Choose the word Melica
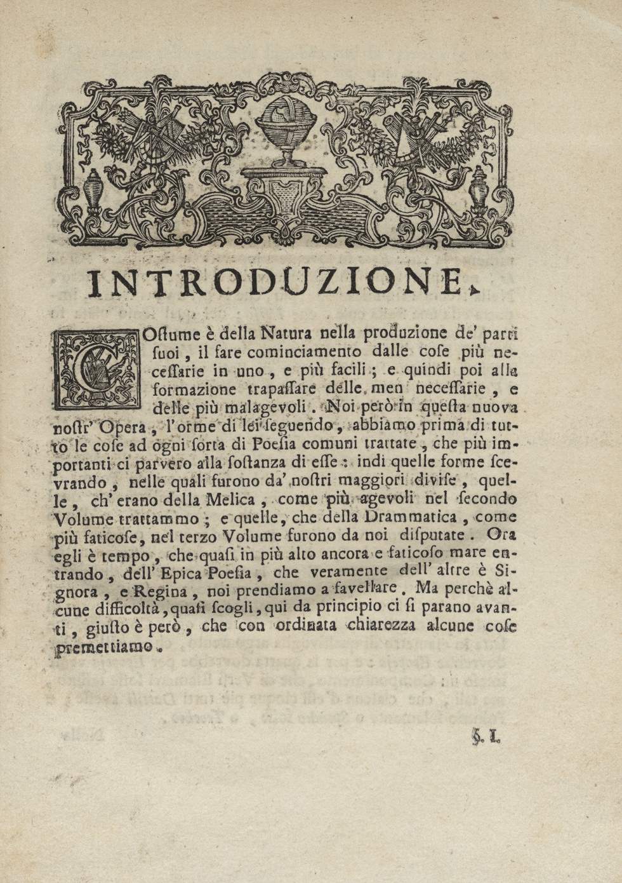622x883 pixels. (238, 499)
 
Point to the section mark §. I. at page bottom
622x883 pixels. (486, 738)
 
